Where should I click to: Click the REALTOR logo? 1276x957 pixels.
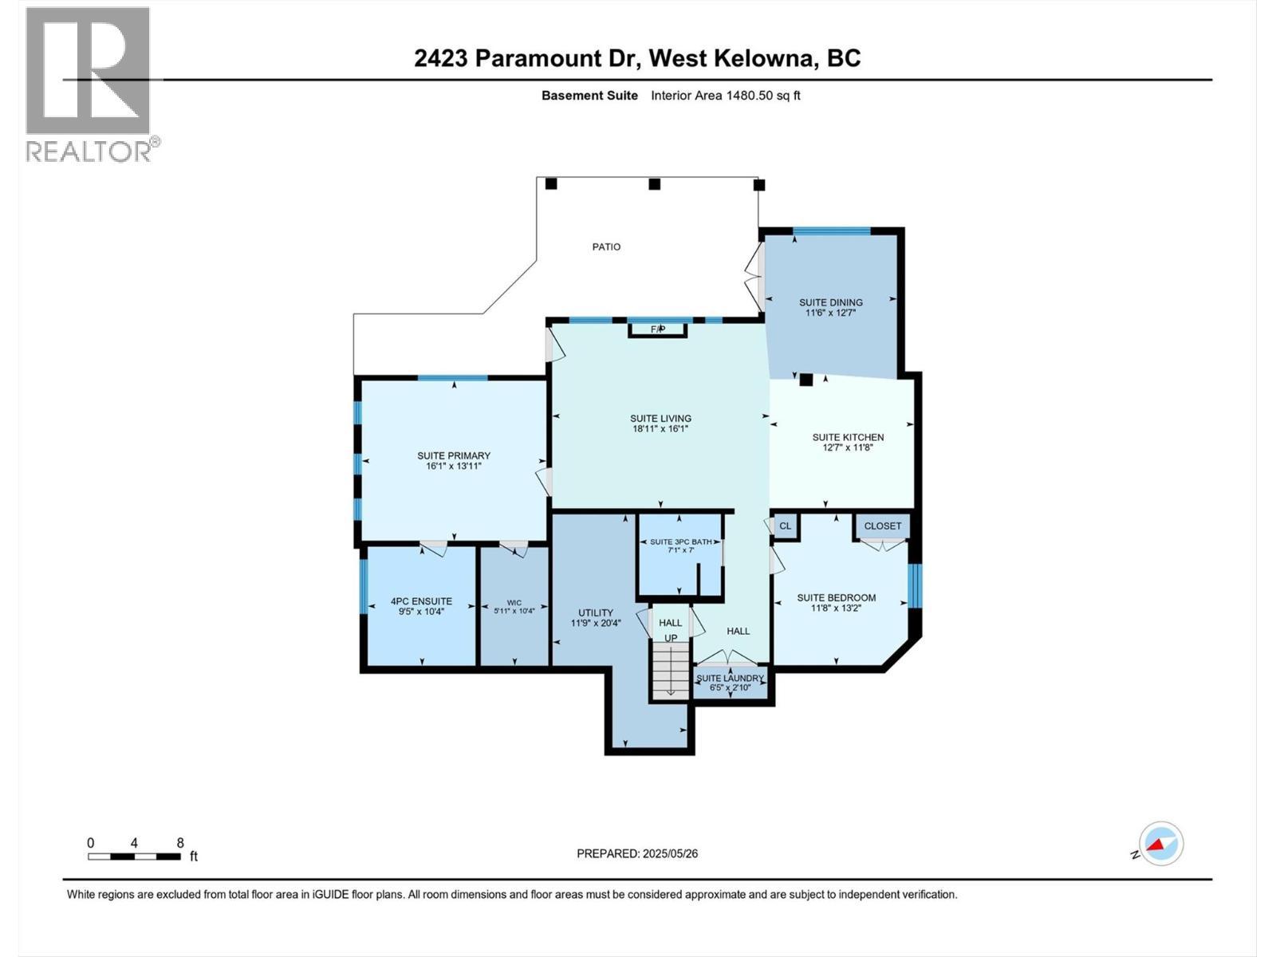pyautogui.click(x=89, y=84)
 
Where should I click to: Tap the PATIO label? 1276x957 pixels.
pyautogui.click(x=606, y=247)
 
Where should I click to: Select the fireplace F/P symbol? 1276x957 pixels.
pyautogui.click(x=658, y=329)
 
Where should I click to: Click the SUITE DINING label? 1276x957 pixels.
pyautogui.click(x=831, y=302)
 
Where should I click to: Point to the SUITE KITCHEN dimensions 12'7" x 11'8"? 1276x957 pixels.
pyautogui.click(x=848, y=448)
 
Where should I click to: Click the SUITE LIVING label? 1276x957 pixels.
pyautogui.click(x=660, y=418)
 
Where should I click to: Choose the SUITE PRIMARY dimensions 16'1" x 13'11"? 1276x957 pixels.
pyautogui.click(x=454, y=467)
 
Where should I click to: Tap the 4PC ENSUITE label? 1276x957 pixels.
pyautogui.click(x=421, y=601)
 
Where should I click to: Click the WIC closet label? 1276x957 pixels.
pyautogui.click(x=514, y=603)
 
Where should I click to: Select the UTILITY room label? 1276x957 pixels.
pyautogui.click(x=596, y=612)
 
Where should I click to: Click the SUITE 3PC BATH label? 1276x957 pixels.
pyautogui.click(x=680, y=542)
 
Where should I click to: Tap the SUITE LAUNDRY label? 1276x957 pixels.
pyautogui.click(x=730, y=678)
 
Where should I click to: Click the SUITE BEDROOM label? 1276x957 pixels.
pyautogui.click(x=837, y=597)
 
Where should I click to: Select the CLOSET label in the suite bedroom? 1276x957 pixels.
pyautogui.click(x=883, y=526)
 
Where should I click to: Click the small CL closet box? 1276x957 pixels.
pyautogui.click(x=786, y=526)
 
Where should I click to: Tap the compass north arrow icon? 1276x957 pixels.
pyautogui.click(x=1161, y=844)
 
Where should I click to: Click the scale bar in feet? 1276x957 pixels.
pyautogui.click(x=134, y=857)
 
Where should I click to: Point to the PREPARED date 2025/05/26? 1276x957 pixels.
pyautogui.click(x=637, y=853)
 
